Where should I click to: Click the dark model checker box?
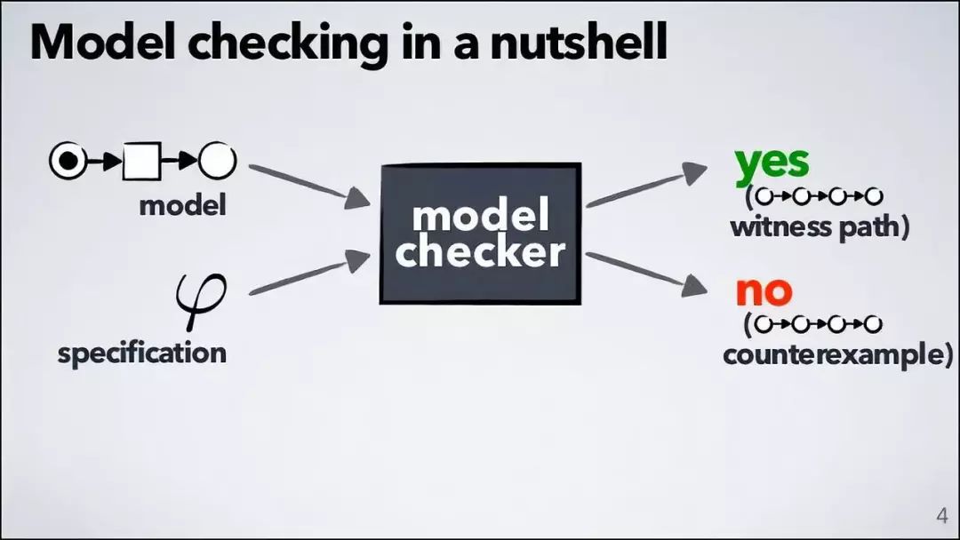(480, 234)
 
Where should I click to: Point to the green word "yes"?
(772, 162)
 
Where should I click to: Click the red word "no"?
(763, 290)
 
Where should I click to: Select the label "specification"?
(142, 353)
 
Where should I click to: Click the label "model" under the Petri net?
(183, 206)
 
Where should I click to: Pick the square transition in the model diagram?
(142, 161)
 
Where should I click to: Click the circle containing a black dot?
(68, 161)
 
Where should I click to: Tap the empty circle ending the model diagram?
(217, 161)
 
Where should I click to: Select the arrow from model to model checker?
(308, 184)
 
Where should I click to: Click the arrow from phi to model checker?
(308, 274)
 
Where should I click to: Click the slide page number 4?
(942, 516)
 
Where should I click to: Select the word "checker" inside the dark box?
(480, 252)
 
